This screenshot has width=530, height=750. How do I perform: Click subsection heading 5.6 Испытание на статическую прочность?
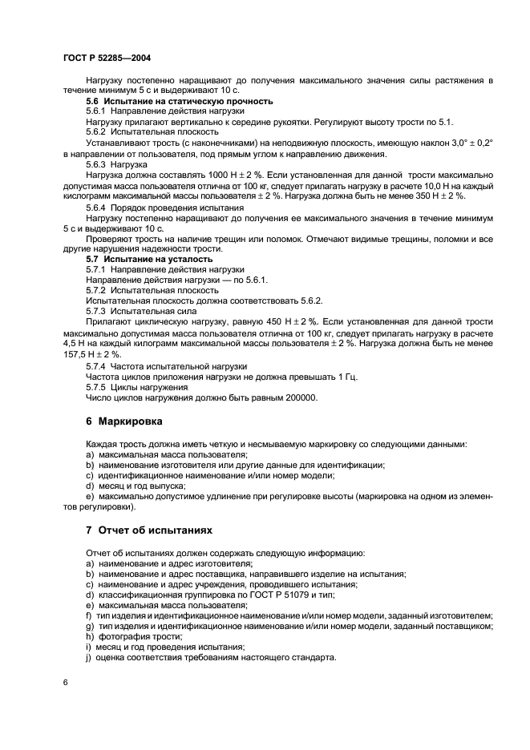coord(180,101)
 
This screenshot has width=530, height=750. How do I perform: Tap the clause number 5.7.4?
coord(95,365)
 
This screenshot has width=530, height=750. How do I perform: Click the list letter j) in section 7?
coord(88,658)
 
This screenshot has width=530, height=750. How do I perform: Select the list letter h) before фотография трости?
coord(88,636)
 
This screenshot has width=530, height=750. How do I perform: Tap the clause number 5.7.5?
coord(95,386)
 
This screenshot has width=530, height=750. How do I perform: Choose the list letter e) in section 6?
coord(88,496)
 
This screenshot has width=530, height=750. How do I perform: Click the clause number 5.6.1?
coord(95,111)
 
